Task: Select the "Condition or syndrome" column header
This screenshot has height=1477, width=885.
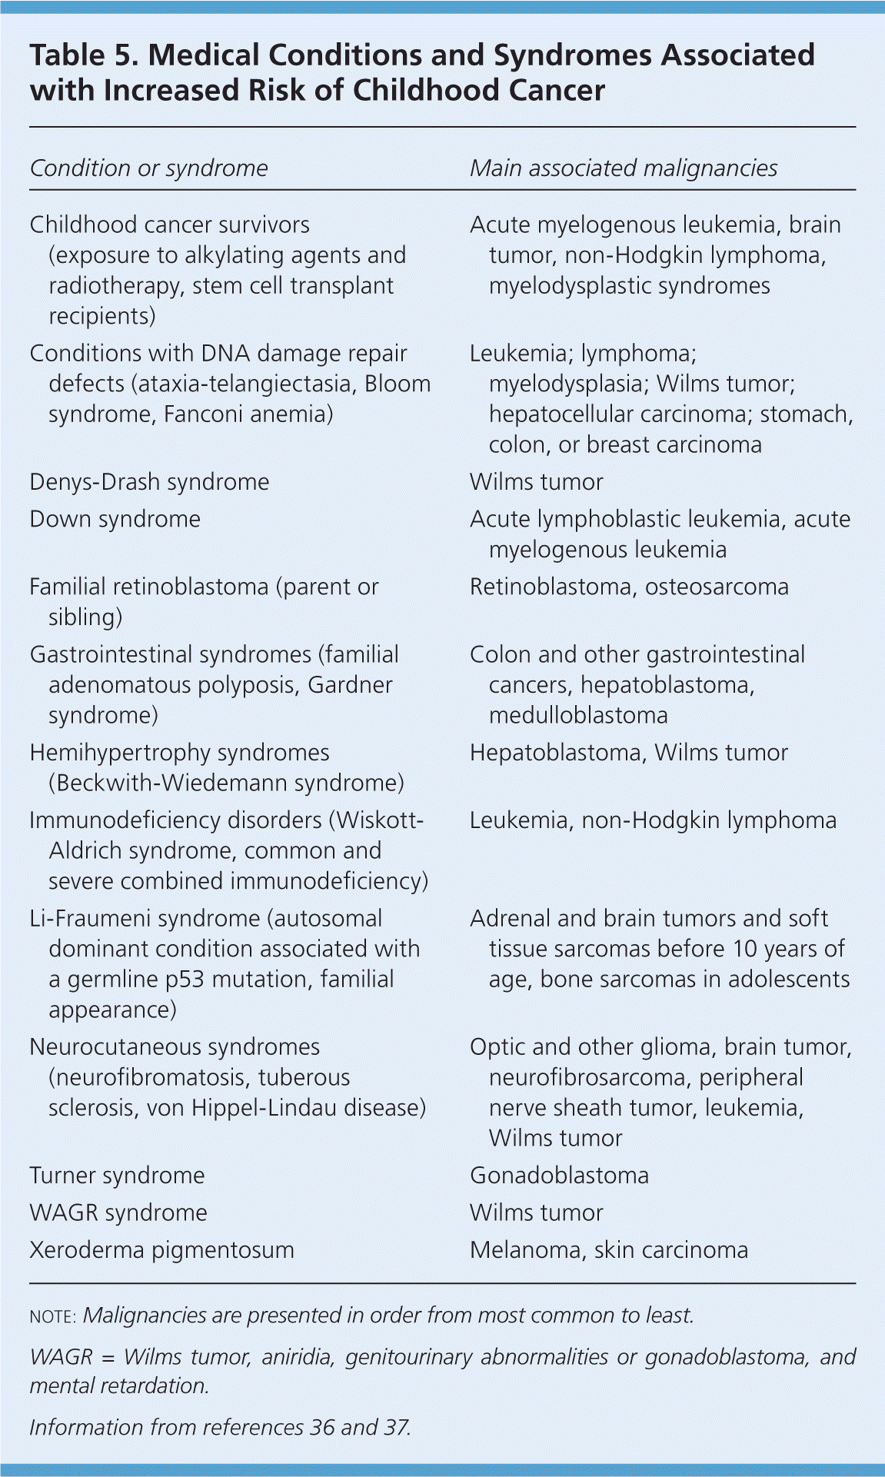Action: (148, 168)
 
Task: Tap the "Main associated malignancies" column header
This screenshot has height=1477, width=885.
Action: (624, 168)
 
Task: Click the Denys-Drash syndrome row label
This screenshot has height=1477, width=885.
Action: (149, 482)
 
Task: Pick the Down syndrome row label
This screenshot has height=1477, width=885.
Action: (115, 519)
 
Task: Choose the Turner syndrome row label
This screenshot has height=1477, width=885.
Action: (117, 1175)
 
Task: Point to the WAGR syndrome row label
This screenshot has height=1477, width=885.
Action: (118, 1213)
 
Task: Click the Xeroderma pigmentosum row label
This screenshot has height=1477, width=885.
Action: (161, 1249)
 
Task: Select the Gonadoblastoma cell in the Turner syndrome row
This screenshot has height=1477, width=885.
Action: (559, 1175)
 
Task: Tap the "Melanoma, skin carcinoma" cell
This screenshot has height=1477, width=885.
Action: (608, 1249)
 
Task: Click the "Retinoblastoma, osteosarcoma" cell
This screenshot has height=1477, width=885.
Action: (629, 587)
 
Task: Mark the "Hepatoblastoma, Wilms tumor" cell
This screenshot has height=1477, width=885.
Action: (629, 752)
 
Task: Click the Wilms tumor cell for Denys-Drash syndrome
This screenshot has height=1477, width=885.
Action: (536, 482)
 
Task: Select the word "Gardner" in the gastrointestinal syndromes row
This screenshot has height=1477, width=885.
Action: (350, 685)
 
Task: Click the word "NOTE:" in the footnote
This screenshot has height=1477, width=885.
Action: (52, 1316)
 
